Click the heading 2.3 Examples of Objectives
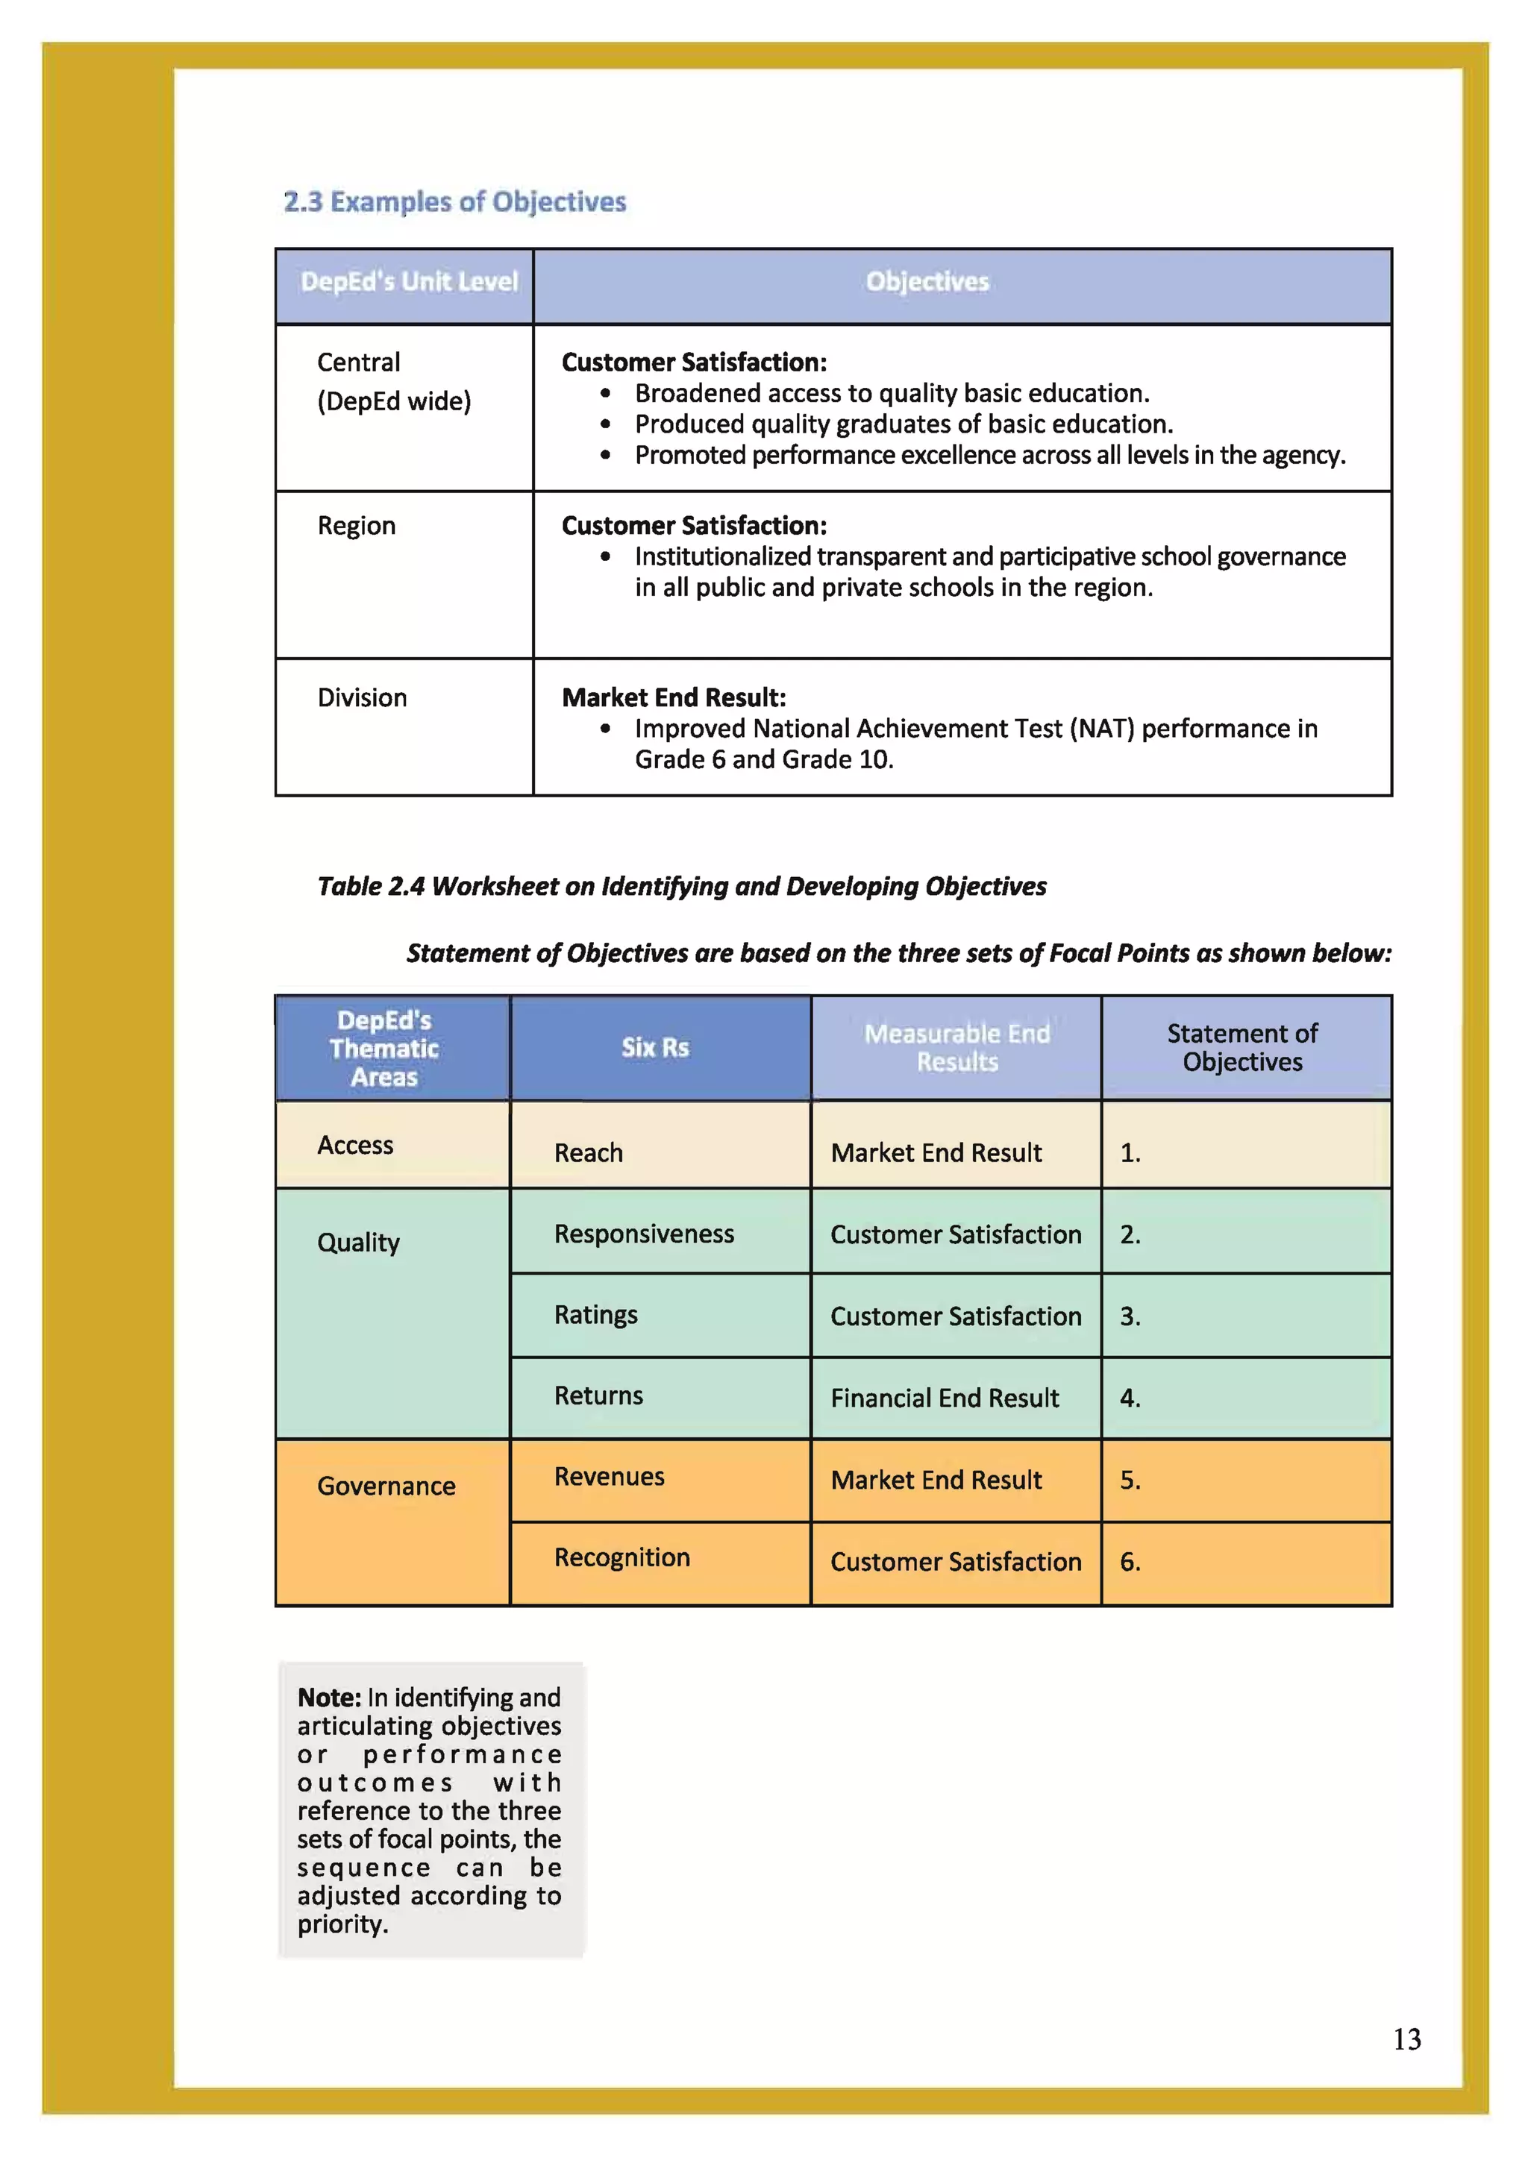(x=454, y=201)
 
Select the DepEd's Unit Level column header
(x=408, y=281)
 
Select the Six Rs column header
(x=655, y=1047)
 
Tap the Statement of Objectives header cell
(x=1242, y=1047)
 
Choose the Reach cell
(x=588, y=1152)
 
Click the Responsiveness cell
(x=644, y=1234)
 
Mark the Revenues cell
(x=609, y=1476)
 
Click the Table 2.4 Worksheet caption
(x=681, y=886)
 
